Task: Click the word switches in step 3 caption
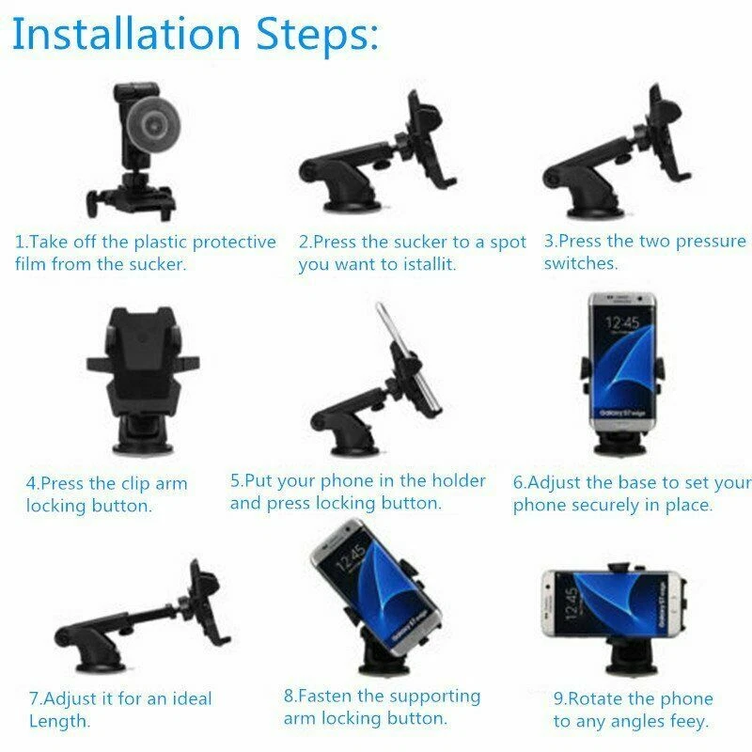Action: [x=581, y=264]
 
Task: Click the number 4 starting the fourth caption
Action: [x=31, y=485]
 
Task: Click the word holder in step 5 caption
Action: [x=461, y=481]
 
